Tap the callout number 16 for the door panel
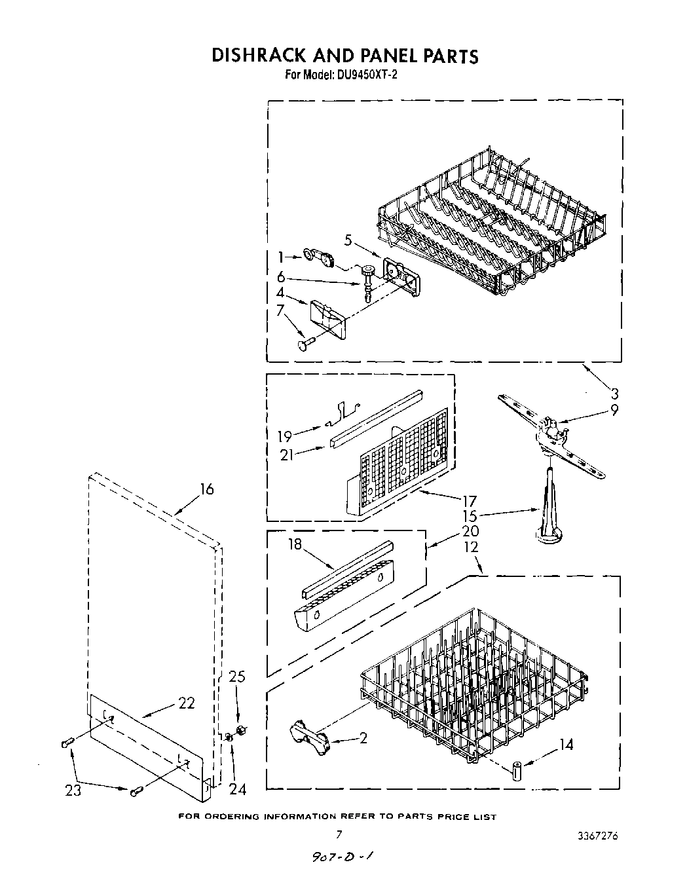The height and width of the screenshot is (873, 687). (206, 489)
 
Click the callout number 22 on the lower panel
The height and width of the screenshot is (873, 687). (187, 703)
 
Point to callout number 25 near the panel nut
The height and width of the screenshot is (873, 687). (237, 677)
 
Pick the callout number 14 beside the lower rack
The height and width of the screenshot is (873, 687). (565, 745)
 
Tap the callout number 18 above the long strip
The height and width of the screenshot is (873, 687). (295, 544)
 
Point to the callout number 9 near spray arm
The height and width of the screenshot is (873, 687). (613, 411)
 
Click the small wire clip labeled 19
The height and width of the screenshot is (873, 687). (344, 412)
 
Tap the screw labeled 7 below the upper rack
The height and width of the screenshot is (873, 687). (303, 344)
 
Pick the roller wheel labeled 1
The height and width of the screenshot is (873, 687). (318, 257)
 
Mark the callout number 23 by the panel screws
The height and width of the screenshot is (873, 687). (73, 790)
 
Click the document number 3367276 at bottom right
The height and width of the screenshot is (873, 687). (596, 836)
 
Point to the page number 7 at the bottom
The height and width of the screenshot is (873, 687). (339, 834)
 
